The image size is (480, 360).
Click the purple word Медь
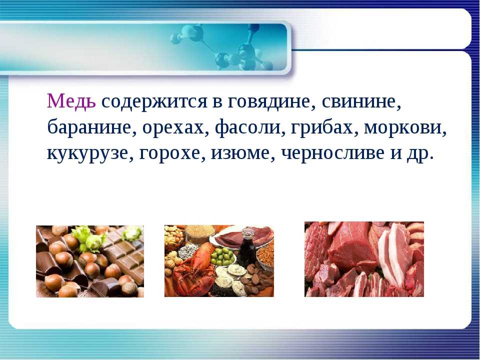pos(71,101)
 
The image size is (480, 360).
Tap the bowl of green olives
pos(223,256)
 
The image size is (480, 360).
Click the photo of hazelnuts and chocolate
pos(90,261)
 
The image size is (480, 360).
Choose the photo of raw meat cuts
pos(364,259)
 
